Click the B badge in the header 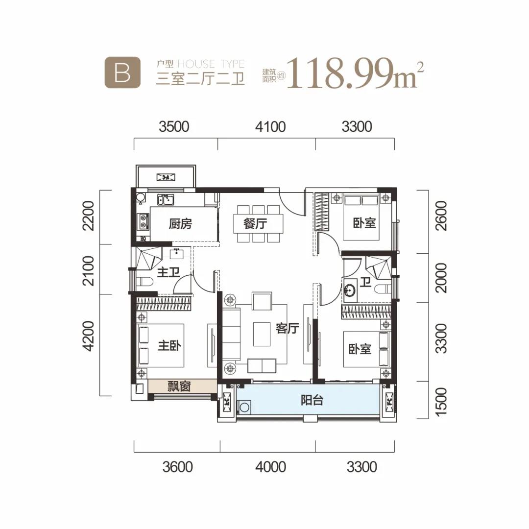[122, 72]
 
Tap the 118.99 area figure [340, 72]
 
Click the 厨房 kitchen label [180, 224]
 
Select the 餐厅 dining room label [255, 223]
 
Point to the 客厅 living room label [287, 328]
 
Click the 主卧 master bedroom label [169, 345]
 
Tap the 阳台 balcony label [312, 400]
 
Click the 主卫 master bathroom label [168, 272]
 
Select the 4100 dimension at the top [270, 127]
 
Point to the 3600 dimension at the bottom [177, 467]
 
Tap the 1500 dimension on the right [441, 402]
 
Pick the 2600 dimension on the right [441, 216]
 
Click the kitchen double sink [166, 200]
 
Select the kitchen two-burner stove [143, 221]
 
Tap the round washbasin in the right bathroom [350, 290]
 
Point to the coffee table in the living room [262, 334]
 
